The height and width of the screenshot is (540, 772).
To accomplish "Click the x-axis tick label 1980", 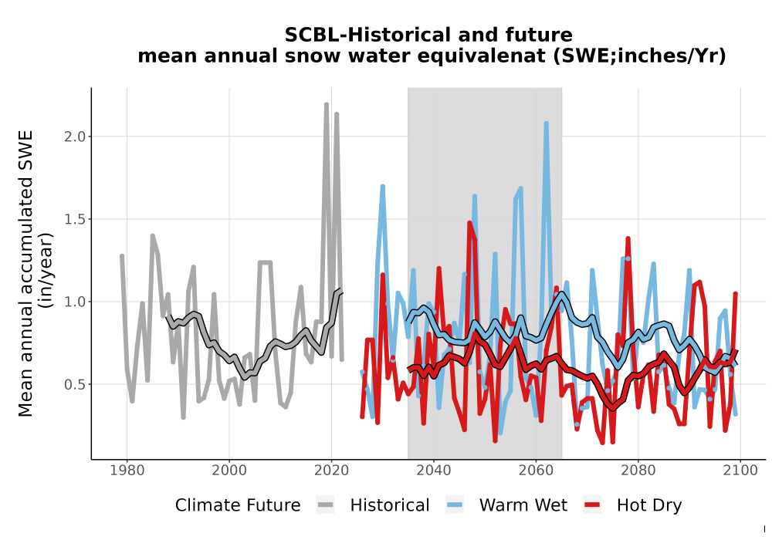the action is [127, 470].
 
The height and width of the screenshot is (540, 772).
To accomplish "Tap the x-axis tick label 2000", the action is [229, 470].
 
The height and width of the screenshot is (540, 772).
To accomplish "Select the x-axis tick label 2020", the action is [331, 470].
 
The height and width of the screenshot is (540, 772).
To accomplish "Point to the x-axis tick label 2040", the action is [434, 470].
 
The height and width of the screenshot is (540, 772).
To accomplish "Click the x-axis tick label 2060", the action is [536, 470].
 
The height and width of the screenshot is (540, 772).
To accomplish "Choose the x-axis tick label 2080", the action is [638, 470].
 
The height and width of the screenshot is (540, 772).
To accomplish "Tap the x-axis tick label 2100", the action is [740, 470].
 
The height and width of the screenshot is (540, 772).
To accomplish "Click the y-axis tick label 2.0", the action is [75, 137].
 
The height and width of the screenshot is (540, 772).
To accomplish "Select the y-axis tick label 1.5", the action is [75, 219].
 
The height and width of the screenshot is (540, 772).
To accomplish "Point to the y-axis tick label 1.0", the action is [75, 302].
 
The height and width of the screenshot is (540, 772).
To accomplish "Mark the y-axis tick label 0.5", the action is [75, 384].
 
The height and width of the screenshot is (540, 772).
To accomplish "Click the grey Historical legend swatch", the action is [326, 505].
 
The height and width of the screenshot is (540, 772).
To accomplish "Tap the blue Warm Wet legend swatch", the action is [455, 505].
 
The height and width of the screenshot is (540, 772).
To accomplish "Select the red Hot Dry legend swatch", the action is [592, 505].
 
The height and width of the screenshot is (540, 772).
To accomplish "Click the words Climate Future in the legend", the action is [238, 505].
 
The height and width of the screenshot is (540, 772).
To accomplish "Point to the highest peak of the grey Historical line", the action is [327, 104].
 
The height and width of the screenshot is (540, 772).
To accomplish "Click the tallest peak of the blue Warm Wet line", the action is [546, 123].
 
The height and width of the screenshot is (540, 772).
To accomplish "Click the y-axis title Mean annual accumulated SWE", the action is [25, 273].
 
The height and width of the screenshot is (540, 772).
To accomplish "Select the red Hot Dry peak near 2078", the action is [628, 239].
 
